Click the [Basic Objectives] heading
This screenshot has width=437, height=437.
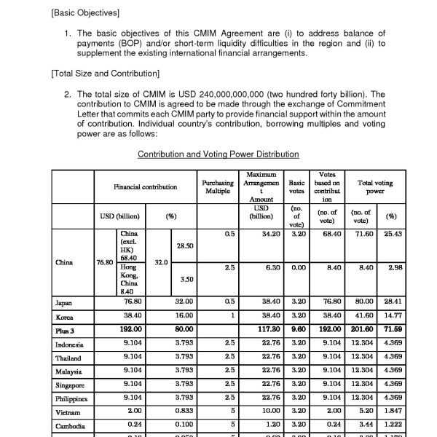click(84, 14)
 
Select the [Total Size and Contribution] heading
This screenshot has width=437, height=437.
click(105, 74)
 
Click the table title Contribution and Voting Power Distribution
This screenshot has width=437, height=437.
click(218, 154)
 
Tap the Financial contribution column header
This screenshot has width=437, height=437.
click(146, 187)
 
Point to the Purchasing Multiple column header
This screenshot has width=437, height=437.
click(217, 187)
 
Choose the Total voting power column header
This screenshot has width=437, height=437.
click(375, 187)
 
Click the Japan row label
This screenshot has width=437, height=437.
click(63, 302)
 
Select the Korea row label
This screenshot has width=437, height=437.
click(64, 317)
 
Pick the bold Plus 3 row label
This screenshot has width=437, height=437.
click(66, 330)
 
